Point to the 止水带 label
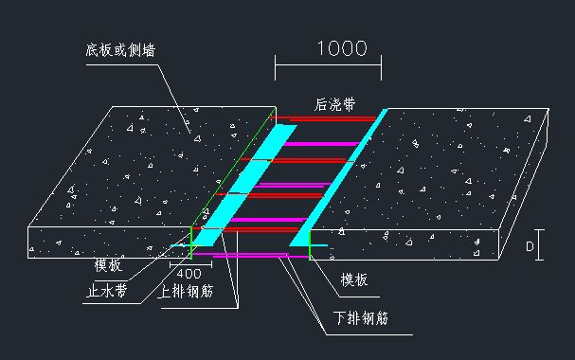107,292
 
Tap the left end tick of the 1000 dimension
276,65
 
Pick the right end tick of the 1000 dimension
381,65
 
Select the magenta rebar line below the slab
246,256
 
